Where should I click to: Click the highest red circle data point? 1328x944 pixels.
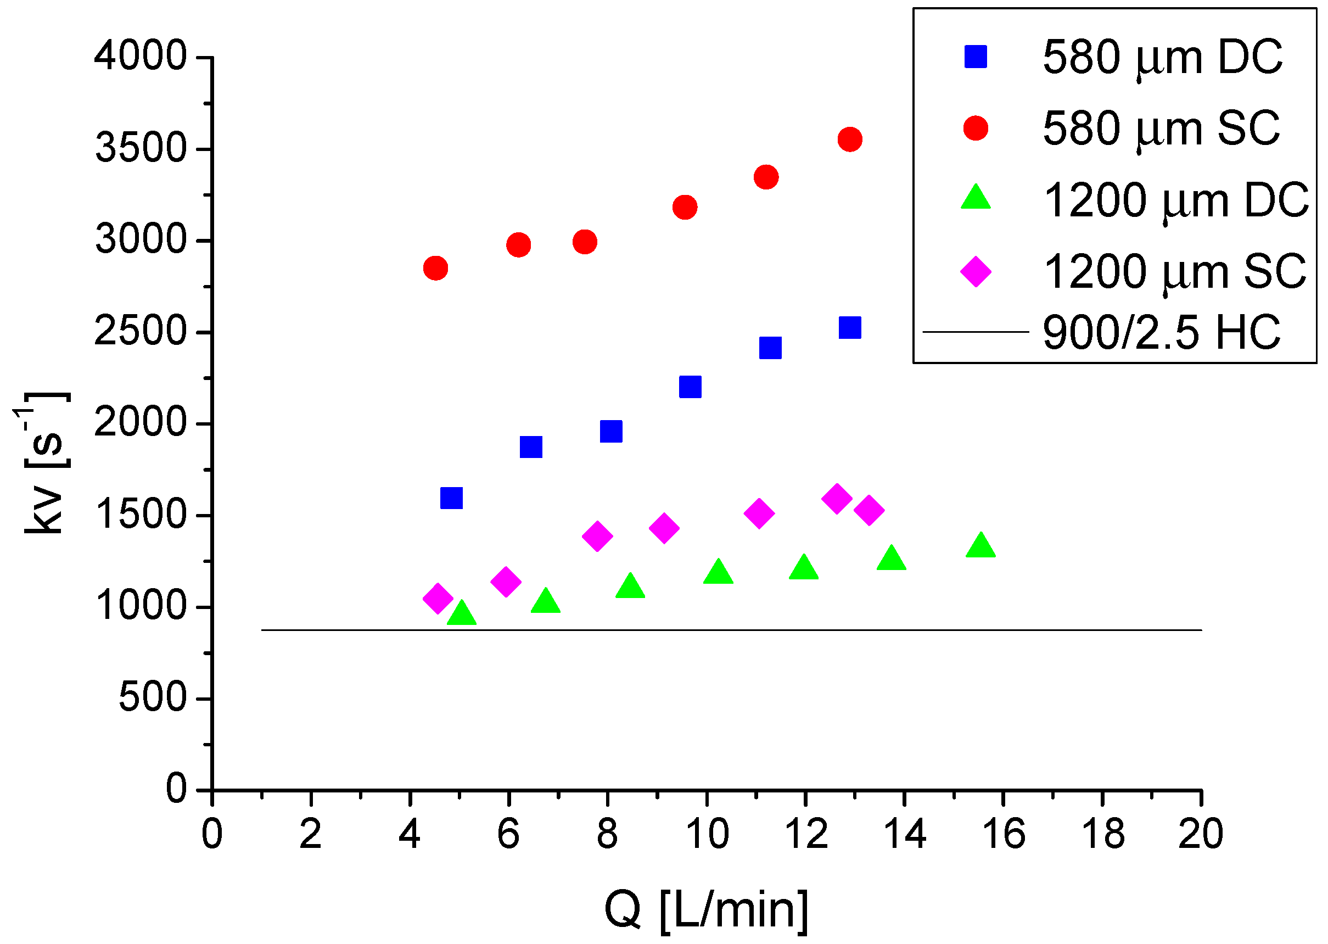pyautogui.click(x=850, y=139)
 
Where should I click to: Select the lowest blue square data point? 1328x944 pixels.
pyautogui.click(x=451, y=498)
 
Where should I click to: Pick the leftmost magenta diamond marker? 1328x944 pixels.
pyautogui.click(x=438, y=598)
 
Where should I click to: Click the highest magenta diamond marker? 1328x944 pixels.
pyautogui.click(x=837, y=498)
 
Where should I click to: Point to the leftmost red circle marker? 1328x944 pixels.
pyautogui.click(x=436, y=268)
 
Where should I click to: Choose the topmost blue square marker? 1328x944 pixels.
pyautogui.click(x=850, y=328)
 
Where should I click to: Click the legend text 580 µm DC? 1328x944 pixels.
pyautogui.click(x=1162, y=58)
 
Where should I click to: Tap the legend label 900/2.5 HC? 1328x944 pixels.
pyautogui.click(x=1161, y=332)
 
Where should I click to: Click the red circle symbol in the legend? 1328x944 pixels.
pyautogui.click(x=976, y=128)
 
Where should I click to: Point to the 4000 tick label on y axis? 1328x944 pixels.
pyautogui.click(x=141, y=57)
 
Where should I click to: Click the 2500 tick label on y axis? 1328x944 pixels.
pyautogui.click(x=141, y=332)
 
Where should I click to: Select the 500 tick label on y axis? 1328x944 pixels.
pyautogui.click(x=153, y=697)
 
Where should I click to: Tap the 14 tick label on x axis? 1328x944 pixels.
pyautogui.click(x=904, y=835)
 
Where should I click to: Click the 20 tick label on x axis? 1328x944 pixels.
pyautogui.click(x=1200, y=835)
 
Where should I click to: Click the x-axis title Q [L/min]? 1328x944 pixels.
pyautogui.click(x=707, y=911)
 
